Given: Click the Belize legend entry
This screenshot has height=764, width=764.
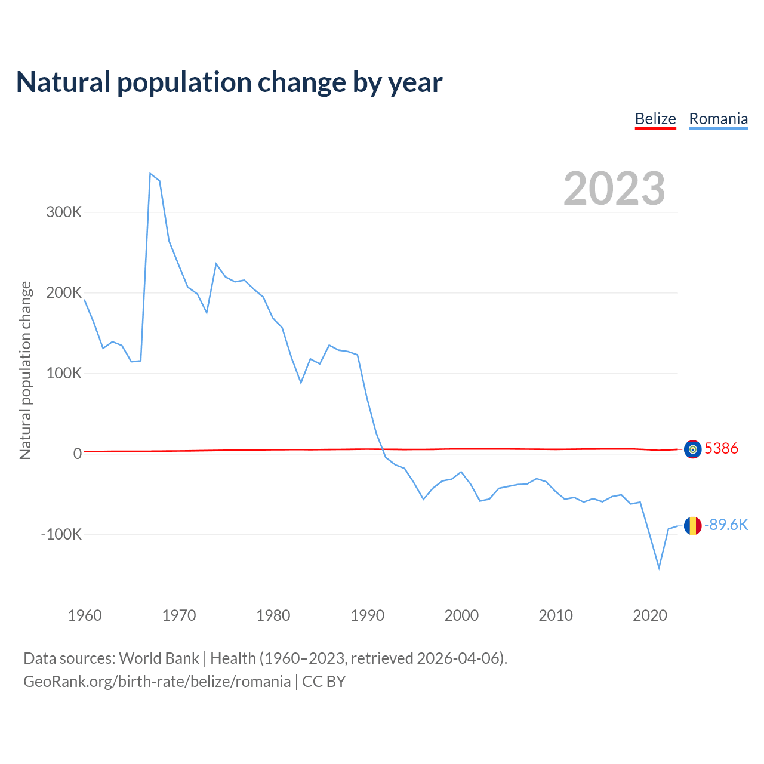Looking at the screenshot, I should coord(655,119).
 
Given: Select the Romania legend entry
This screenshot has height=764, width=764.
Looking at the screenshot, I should coord(718,119).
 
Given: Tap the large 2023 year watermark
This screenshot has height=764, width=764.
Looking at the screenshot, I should coord(614,189).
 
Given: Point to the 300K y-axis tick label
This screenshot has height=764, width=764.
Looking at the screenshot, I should coord(64,212).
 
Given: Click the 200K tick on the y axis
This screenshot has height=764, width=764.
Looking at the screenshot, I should coord(64,292).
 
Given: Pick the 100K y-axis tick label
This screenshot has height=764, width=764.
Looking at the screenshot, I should coord(64,373).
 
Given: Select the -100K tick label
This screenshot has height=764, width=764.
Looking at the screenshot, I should coord(61,534).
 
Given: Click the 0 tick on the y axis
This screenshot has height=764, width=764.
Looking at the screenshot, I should coord(78,454).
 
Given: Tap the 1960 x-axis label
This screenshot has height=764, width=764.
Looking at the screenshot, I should coord(85,615).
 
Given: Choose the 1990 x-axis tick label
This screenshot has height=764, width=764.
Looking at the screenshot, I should coord(367,615).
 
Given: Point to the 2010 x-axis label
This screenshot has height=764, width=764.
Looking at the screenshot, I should coord(556,615).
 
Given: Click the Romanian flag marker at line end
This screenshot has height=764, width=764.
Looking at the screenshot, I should coord(692,526).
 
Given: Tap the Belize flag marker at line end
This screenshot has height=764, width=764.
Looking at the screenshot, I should coord(692,449).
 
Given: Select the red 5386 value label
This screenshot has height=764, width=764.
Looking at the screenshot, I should coord(722,449).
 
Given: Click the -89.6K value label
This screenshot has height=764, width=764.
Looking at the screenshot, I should coord(726,525).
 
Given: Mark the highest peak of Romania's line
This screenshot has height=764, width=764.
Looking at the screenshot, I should coord(150,174).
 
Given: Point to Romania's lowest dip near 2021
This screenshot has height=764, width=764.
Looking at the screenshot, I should coord(659,568).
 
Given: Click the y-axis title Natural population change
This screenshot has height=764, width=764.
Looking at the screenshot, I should coord(26,370).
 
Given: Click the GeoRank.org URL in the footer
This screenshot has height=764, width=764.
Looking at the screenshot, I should coord(157,682).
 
